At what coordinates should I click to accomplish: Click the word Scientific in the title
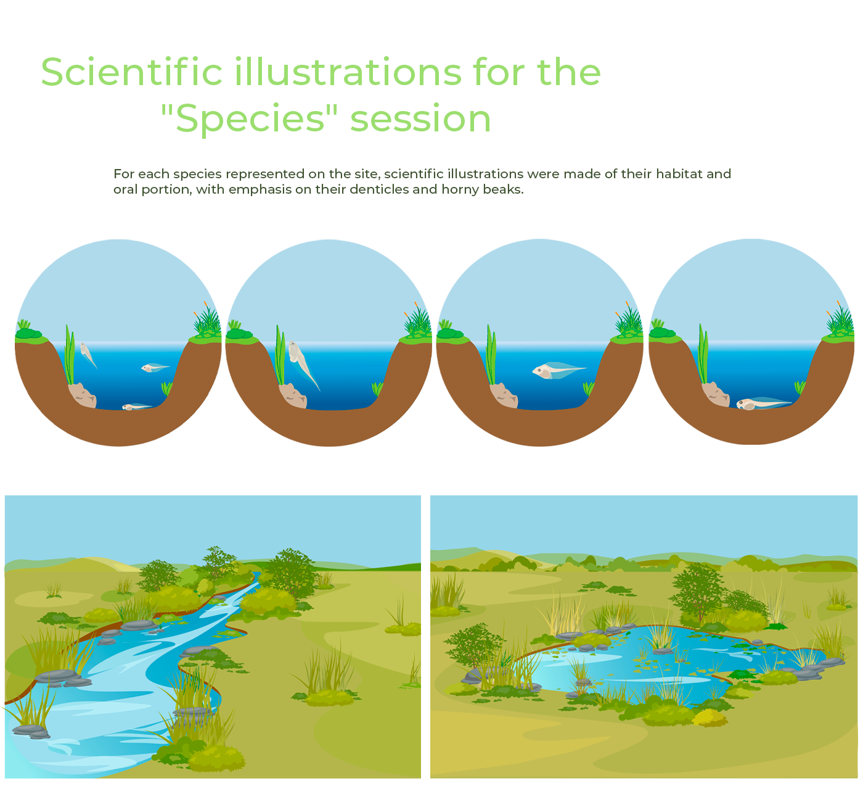pyautogui.click(x=131, y=72)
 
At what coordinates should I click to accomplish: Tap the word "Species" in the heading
pyautogui.click(x=249, y=119)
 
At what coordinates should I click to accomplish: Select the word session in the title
pyautogui.click(x=420, y=119)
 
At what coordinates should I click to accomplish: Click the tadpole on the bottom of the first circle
pyautogui.click(x=137, y=407)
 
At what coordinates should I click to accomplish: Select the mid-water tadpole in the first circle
pyautogui.click(x=155, y=368)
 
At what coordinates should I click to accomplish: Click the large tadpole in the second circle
pyautogui.click(x=303, y=363)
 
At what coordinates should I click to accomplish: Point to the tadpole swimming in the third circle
pyautogui.click(x=558, y=370)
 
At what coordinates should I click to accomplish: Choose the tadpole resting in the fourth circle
pyautogui.click(x=764, y=403)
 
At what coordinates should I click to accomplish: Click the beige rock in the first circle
pyautogui.click(x=82, y=395)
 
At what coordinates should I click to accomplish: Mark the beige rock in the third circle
pyautogui.click(x=504, y=395)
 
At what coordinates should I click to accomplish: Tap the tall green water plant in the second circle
pyautogui.click(x=280, y=355)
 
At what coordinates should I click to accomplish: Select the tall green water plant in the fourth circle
pyautogui.click(x=703, y=354)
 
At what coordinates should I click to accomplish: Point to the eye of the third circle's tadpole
pyautogui.click(x=539, y=370)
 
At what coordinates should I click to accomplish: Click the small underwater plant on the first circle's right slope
pyautogui.click(x=167, y=388)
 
